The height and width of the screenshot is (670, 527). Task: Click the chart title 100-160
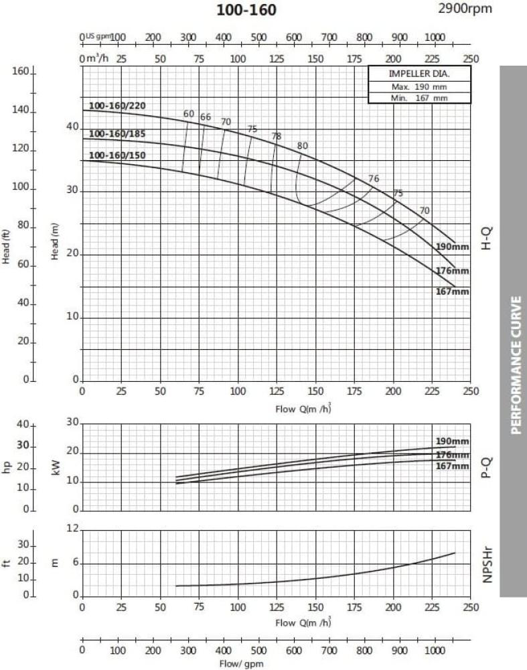[x=246, y=10]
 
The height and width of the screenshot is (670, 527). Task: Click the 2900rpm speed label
[x=464, y=9]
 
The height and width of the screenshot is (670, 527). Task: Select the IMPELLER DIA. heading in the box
[x=419, y=74]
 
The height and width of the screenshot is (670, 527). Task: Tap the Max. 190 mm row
[x=419, y=86]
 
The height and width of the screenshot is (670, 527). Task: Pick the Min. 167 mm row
[x=419, y=98]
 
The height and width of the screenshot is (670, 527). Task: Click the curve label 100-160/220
[x=117, y=105]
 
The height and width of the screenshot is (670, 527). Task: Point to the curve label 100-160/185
[x=117, y=134]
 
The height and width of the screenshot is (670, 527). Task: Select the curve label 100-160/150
[x=117, y=156]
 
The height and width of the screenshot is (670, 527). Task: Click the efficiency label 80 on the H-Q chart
[x=303, y=146]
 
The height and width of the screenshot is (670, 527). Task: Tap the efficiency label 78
[x=277, y=137]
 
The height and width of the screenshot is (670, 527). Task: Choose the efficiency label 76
[x=374, y=178]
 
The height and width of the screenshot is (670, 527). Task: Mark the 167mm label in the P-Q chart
[x=452, y=466]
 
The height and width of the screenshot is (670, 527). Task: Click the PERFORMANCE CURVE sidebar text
[x=516, y=365]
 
